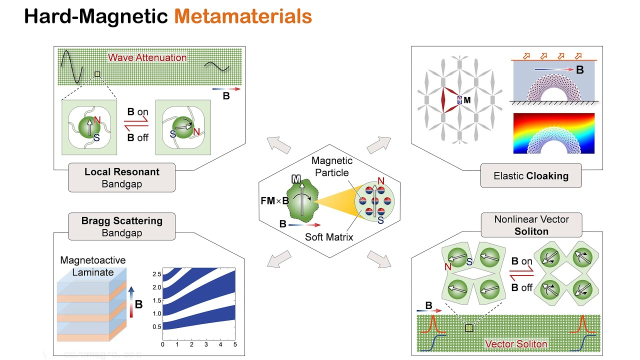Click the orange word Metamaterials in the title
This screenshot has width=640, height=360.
243,16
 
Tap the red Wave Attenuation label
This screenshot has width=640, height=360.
147,57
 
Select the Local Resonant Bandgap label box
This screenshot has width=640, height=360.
122,177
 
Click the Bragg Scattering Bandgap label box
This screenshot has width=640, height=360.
122,226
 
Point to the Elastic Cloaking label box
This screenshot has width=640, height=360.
530,175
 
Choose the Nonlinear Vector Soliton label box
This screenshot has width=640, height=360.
531,225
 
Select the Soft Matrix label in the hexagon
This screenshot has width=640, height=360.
328,236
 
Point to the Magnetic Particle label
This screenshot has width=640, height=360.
331,166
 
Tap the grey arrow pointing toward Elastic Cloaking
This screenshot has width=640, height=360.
377,144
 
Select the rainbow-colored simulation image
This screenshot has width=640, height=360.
553,133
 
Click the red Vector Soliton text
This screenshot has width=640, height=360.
516,344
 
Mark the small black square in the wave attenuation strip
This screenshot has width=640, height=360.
97,74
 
